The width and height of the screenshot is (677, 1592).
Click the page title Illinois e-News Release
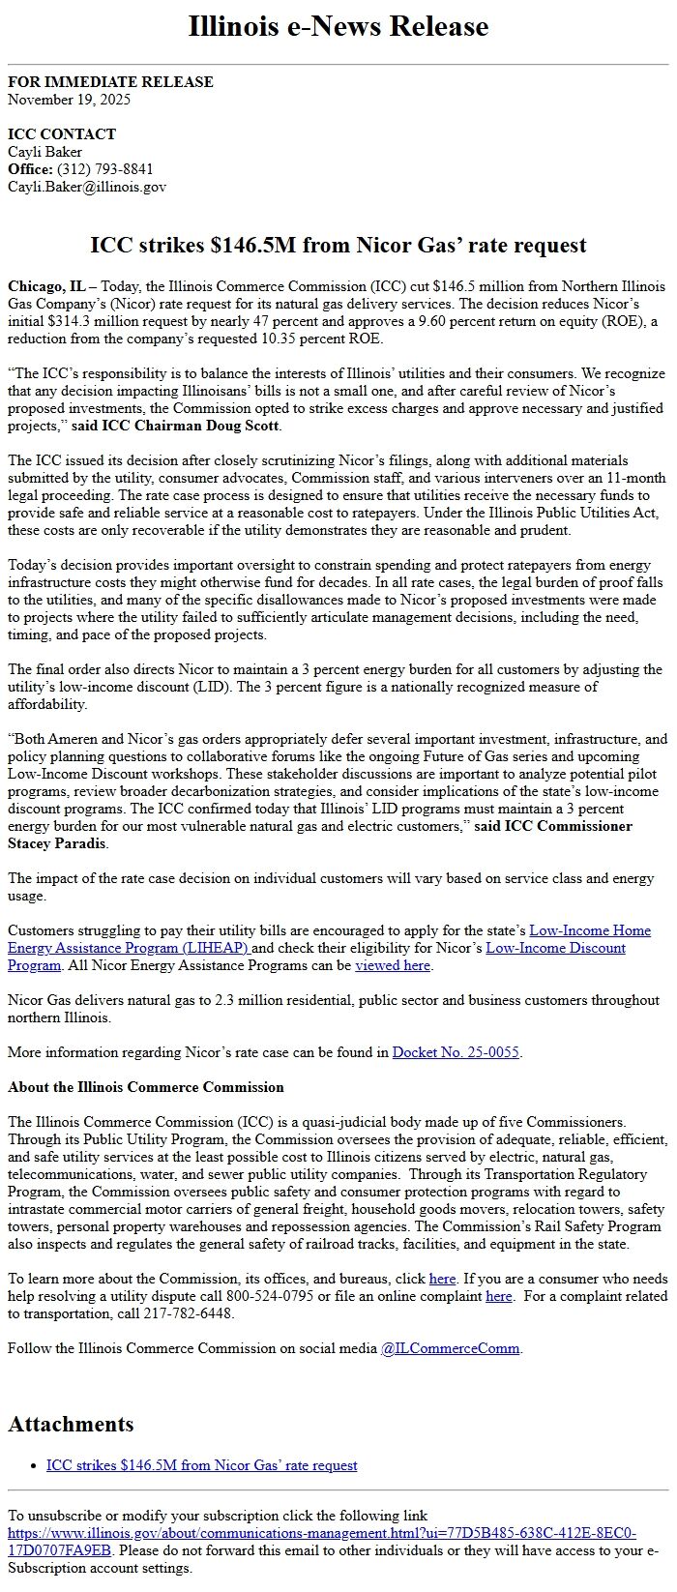pyautogui.click(x=338, y=26)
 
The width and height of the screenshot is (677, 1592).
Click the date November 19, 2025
pyautogui.click(x=69, y=100)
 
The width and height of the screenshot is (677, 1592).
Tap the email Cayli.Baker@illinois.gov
pyautogui.click(x=87, y=187)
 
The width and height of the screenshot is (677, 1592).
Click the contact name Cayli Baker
pyautogui.click(x=44, y=152)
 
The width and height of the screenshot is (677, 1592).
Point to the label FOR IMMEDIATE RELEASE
pyautogui.click(x=110, y=82)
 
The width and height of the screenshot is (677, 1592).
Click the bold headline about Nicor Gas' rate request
pyautogui.click(x=338, y=245)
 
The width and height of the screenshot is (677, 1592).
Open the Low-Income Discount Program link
pyautogui.click(x=555, y=948)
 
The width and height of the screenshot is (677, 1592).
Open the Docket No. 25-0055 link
pyautogui.click(x=456, y=1052)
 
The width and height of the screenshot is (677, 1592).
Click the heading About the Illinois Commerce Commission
pyautogui.click(x=146, y=1087)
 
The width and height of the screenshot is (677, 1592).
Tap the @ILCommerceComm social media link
pyautogui.click(x=450, y=1348)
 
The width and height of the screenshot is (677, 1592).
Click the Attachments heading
pyautogui.click(x=71, y=1424)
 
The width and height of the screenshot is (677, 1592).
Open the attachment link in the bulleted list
pyautogui.click(x=201, y=1465)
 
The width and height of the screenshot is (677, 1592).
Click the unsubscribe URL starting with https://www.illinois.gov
pyautogui.click(x=321, y=1533)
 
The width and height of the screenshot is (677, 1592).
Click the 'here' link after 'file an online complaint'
pyautogui.click(x=498, y=1296)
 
